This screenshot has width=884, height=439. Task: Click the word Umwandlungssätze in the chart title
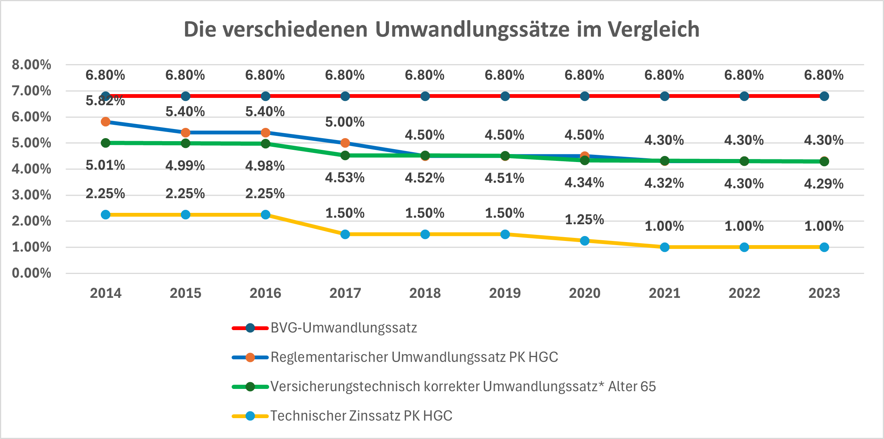[x=472, y=30]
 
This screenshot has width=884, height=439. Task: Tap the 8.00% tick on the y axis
[x=31, y=65]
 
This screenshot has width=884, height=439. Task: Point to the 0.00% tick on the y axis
[x=31, y=273]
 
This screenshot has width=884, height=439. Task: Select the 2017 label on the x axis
[x=345, y=293]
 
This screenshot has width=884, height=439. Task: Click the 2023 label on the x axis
[x=824, y=293]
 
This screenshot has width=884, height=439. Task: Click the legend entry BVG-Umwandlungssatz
[x=343, y=328]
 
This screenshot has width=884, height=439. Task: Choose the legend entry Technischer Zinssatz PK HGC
[x=361, y=416]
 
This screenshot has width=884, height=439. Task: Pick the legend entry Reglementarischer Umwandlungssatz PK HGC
[x=414, y=357]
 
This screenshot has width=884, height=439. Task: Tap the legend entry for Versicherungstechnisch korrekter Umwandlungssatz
[x=462, y=387]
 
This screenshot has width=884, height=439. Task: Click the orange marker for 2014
[x=106, y=122]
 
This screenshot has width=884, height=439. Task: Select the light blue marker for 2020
[x=585, y=241]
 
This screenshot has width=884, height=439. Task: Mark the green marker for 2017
[x=345, y=155]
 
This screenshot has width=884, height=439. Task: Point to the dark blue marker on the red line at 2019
[x=505, y=96]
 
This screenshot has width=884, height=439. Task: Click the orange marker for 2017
[x=345, y=143]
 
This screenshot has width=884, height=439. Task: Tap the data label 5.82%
[x=105, y=101]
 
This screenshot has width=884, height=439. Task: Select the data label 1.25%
[x=584, y=220]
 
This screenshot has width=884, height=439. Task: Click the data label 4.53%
[x=345, y=178]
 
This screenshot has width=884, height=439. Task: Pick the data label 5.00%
[x=345, y=122]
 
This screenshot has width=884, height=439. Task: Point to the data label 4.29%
[x=824, y=184]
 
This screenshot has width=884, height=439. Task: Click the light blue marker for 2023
[x=824, y=247]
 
